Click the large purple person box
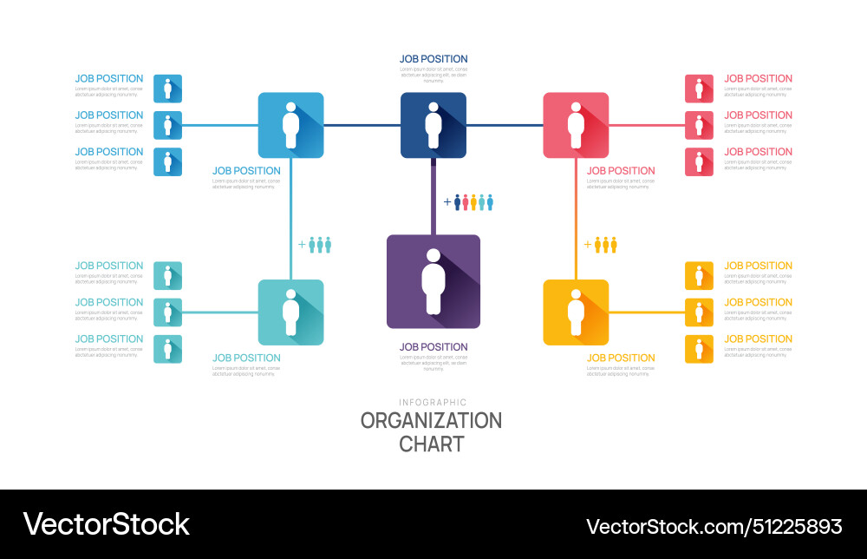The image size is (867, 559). (433, 281)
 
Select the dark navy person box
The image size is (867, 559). (433, 125)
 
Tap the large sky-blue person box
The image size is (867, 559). (290, 125)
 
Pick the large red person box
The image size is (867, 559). (576, 125)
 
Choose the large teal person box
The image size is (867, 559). (290, 312)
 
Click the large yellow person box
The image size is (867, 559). (576, 312)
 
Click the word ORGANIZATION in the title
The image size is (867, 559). (431, 421)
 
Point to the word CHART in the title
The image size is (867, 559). (431, 444)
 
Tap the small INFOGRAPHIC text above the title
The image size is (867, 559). (433, 402)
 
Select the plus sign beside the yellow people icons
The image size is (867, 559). (587, 245)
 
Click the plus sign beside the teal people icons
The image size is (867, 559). (302, 245)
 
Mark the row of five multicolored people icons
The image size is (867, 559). (473, 202)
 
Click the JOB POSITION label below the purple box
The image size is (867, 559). (433, 347)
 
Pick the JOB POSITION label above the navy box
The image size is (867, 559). (433, 59)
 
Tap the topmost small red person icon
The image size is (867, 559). (699, 89)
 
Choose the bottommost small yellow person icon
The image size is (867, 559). (699, 349)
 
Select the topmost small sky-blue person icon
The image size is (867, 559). (167, 89)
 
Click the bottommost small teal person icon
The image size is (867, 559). (167, 349)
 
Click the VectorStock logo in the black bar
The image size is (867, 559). (106, 524)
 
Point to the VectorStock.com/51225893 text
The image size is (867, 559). (714, 526)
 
